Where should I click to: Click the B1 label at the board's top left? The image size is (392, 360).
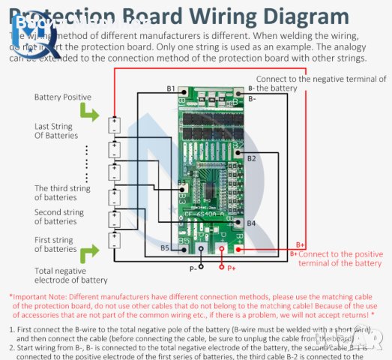(x=171, y=89)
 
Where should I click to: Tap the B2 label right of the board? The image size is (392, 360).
(x=252, y=158)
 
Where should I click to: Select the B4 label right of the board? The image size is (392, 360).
(x=252, y=223)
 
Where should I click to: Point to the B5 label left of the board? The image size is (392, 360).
(x=165, y=247)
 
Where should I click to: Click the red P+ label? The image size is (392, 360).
(x=232, y=268)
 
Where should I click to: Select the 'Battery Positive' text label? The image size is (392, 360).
(x=63, y=97)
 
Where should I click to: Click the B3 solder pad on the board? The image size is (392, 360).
(x=181, y=183)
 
